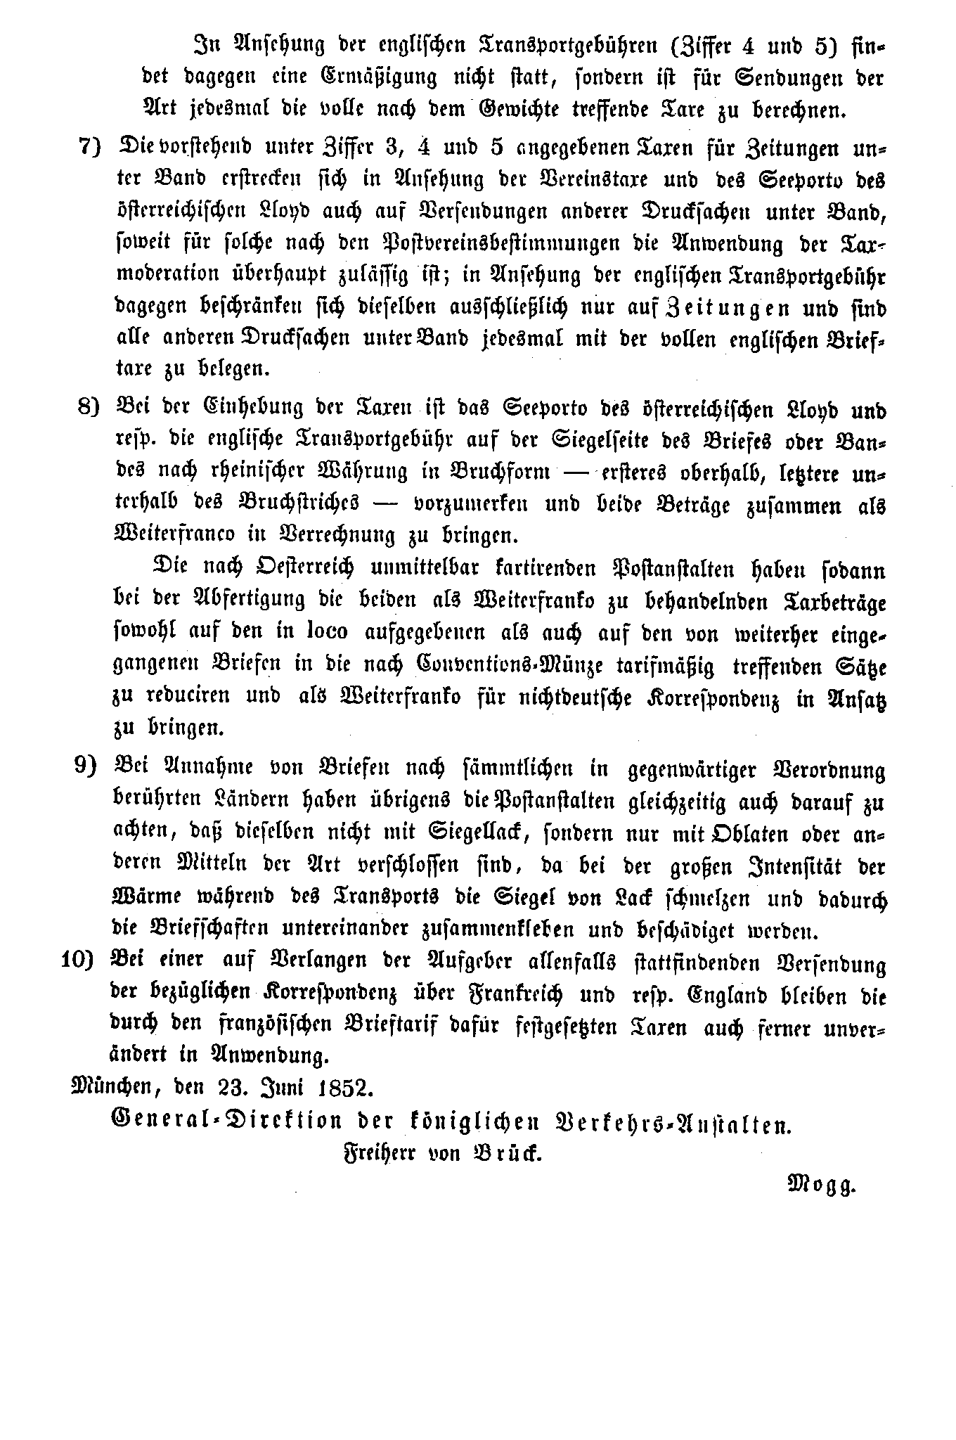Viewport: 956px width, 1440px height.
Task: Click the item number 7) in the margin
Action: (90, 148)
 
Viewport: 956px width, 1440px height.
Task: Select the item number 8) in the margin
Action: (90, 407)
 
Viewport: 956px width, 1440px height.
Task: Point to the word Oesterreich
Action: (307, 568)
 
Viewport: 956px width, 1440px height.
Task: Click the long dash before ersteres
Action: (575, 472)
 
